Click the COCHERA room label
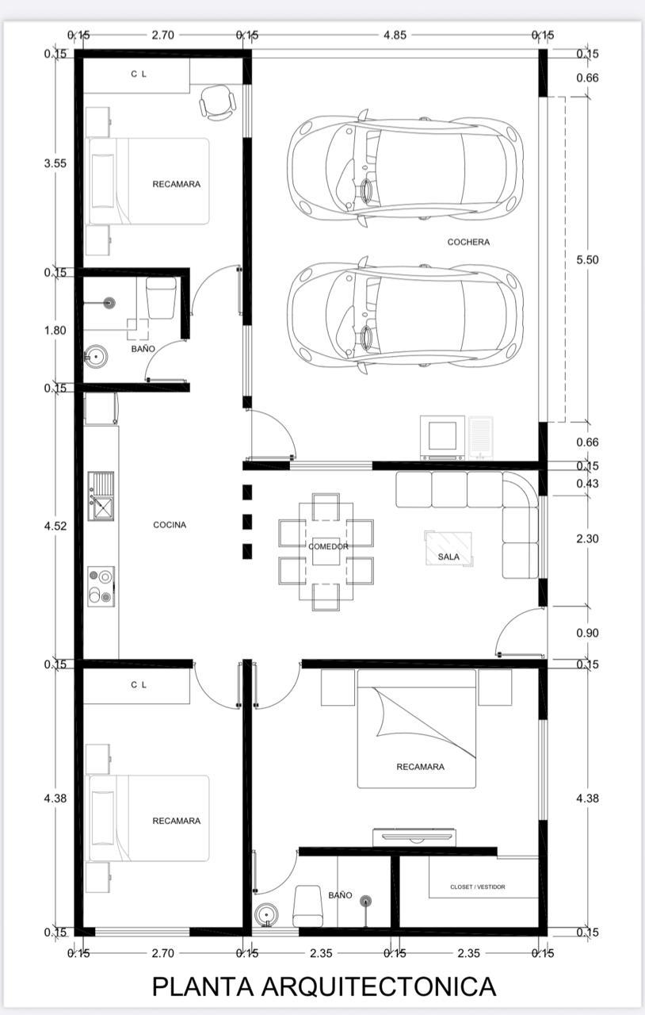tap(468, 242)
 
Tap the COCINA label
tap(170, 525)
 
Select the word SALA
tap(448, 557)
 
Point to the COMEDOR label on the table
tap(328, 546)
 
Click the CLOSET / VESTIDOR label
tap(477, 887)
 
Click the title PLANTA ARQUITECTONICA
tap(324, 986)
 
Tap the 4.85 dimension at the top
tap(395, 35)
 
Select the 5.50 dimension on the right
tap(587, 259)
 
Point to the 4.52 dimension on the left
tap(55, 526)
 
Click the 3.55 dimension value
tap(55, 163)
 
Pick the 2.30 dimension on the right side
tap(587, 538)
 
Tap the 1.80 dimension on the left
tap(55, 331)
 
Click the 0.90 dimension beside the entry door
tap(587, 633)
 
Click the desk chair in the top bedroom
tap(218, 102)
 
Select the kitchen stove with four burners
tap(101, 587)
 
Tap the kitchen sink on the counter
tap(101, 496)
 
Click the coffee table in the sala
tap(449, 549)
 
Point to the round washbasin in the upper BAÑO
tap(96, 357)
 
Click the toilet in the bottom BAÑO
tap(307, 906)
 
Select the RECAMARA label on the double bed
tap(420, 767)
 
